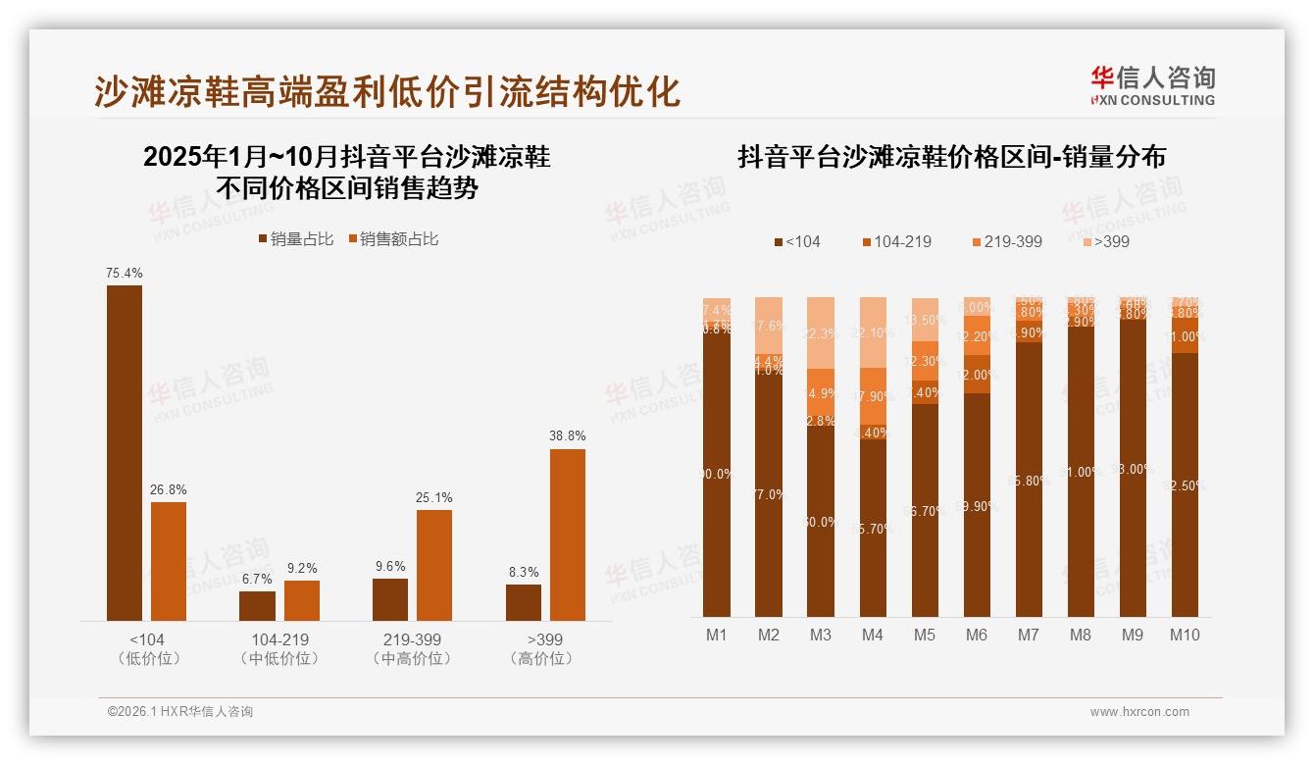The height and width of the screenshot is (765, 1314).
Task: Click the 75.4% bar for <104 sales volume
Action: tap(125, 452)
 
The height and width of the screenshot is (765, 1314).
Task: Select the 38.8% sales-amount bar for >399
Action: tap(568, 535)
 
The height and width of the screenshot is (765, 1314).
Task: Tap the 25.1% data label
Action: tap(434, 497)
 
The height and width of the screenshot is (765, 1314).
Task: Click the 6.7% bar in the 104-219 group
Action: tap(257, 605)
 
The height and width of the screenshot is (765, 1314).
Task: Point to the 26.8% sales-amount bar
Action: tap(169, 561)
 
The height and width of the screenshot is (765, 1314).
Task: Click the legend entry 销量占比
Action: tap(295, 239)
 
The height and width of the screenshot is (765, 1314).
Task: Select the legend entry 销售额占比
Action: tap(394, 239)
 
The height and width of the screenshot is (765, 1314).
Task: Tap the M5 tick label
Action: tap(925, 635)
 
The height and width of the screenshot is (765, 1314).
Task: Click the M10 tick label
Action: tap(1185, 635)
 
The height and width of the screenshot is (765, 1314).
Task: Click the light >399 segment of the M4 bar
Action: tap(873, 331)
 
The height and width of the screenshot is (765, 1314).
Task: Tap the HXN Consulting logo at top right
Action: tap(1152, 85)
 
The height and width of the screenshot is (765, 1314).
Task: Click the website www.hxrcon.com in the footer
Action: tap(1139, 712)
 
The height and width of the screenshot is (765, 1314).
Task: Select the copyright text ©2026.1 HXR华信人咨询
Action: tap(180, 712)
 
